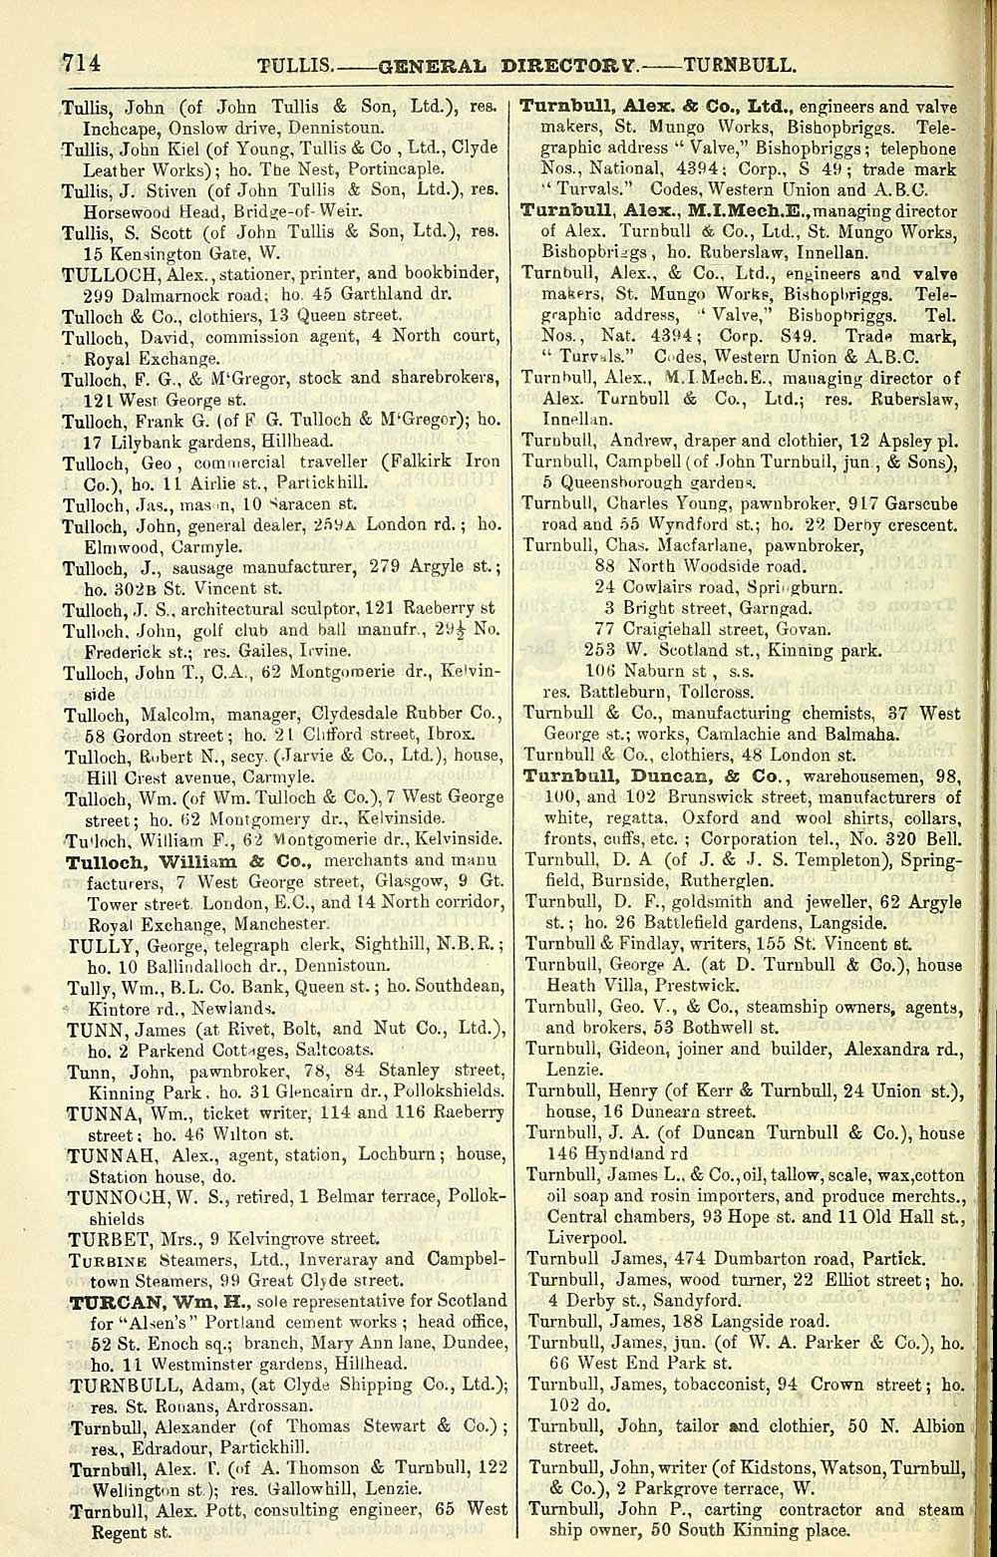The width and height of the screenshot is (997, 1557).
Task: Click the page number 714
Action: click(x=81, y=64)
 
